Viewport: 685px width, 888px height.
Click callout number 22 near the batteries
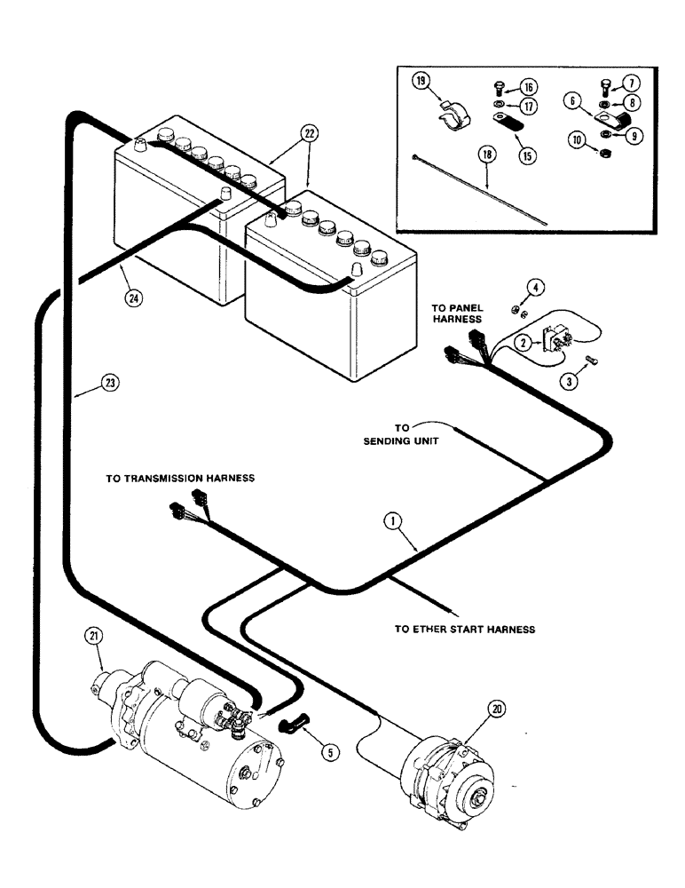click(308, 134)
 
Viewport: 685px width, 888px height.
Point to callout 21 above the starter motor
click(95, 636)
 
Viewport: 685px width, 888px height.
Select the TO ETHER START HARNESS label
click(465, 629)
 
